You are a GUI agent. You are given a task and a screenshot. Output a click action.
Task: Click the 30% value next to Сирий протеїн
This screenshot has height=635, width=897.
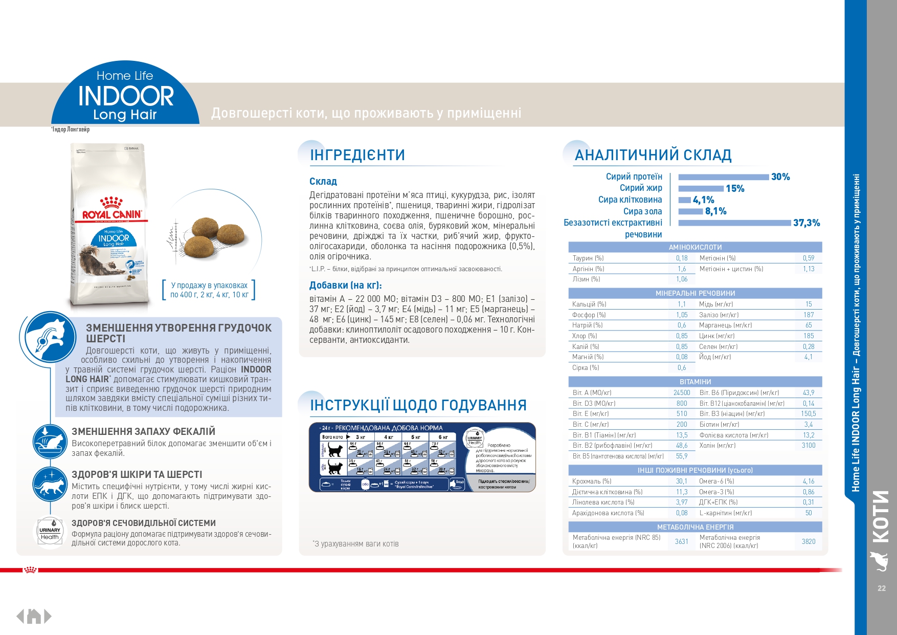click(x=780, y=177)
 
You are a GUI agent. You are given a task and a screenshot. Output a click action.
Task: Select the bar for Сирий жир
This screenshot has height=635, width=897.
click(x=701, y=189)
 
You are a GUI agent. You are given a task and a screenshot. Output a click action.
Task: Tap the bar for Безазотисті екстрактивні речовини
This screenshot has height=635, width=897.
click(x=734, y=223)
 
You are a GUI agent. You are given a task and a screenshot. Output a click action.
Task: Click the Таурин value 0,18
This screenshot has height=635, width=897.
click(x=682, y=258)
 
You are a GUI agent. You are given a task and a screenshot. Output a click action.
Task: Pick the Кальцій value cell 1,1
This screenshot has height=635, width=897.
click(x=682, y=304)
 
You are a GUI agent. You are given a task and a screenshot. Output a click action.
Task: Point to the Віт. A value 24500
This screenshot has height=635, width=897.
click(x=682, y=393)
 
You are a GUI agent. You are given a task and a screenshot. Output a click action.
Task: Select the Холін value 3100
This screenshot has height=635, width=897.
click(x=809, y=446)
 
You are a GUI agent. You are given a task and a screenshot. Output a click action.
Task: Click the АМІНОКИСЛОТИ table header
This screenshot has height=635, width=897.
click(x=695, y=247)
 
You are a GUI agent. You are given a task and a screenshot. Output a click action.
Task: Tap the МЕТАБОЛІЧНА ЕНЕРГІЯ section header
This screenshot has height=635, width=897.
click(x=695, y=527)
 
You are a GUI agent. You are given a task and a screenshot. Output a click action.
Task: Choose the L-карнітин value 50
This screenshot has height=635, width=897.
click(x=809, y=513)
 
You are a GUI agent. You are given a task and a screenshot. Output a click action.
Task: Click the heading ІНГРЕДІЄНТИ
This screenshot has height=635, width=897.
click(x=357, y=155)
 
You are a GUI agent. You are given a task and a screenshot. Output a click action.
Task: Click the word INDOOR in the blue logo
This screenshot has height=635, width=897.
click(x=126, y=96)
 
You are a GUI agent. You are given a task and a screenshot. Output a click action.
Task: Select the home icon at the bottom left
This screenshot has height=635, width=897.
click(x=34, y=617)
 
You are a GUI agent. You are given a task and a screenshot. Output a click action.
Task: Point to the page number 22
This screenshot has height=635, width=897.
click(x=882, y=588)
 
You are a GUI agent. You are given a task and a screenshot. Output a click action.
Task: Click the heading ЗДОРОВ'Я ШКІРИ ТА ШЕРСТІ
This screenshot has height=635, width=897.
click(x=137, y=475)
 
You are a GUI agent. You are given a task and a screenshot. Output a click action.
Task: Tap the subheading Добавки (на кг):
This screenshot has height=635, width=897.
click(x=346, y=286)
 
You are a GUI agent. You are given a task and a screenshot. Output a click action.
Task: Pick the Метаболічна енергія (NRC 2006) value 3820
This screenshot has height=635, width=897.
click(x=809, y=542)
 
